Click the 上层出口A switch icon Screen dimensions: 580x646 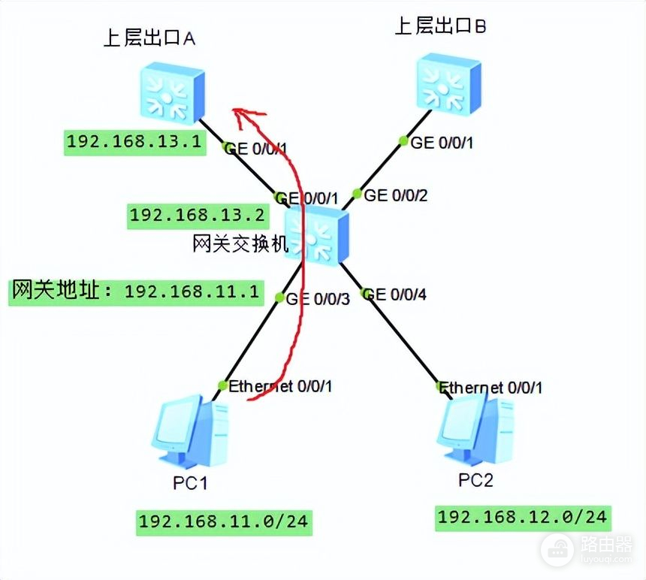point(172,94)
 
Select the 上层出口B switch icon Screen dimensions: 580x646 point(448,83)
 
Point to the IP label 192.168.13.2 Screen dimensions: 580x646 point(198,216)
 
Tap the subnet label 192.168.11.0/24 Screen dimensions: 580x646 point(223,521)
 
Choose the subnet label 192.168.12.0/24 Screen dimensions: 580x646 point(522,516)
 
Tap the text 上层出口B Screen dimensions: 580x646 point(441,27)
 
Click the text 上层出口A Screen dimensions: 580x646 point(149,39)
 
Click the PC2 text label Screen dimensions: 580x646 point(475,479)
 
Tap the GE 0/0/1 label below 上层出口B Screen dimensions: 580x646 point(442,142)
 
